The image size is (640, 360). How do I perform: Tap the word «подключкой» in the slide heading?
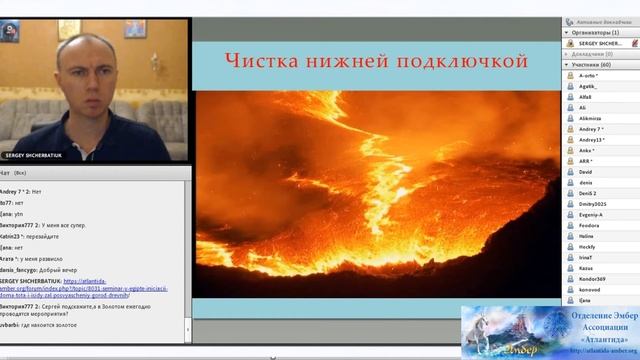coord(462,63)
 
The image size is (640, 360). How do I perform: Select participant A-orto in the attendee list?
coord(592,75)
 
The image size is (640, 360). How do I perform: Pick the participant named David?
coord(585,172)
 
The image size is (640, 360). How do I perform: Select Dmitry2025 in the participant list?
coord(594,205)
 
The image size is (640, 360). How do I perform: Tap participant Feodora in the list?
coord(591,226)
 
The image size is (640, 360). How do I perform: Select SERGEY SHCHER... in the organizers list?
coord(601,43)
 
